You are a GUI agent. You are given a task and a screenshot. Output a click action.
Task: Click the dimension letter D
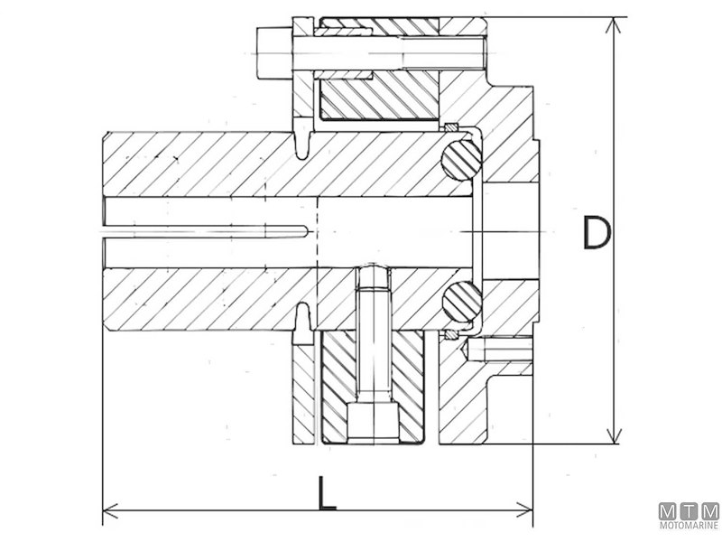[596, 232]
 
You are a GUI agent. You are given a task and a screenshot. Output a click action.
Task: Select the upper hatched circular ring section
[461, 164]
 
